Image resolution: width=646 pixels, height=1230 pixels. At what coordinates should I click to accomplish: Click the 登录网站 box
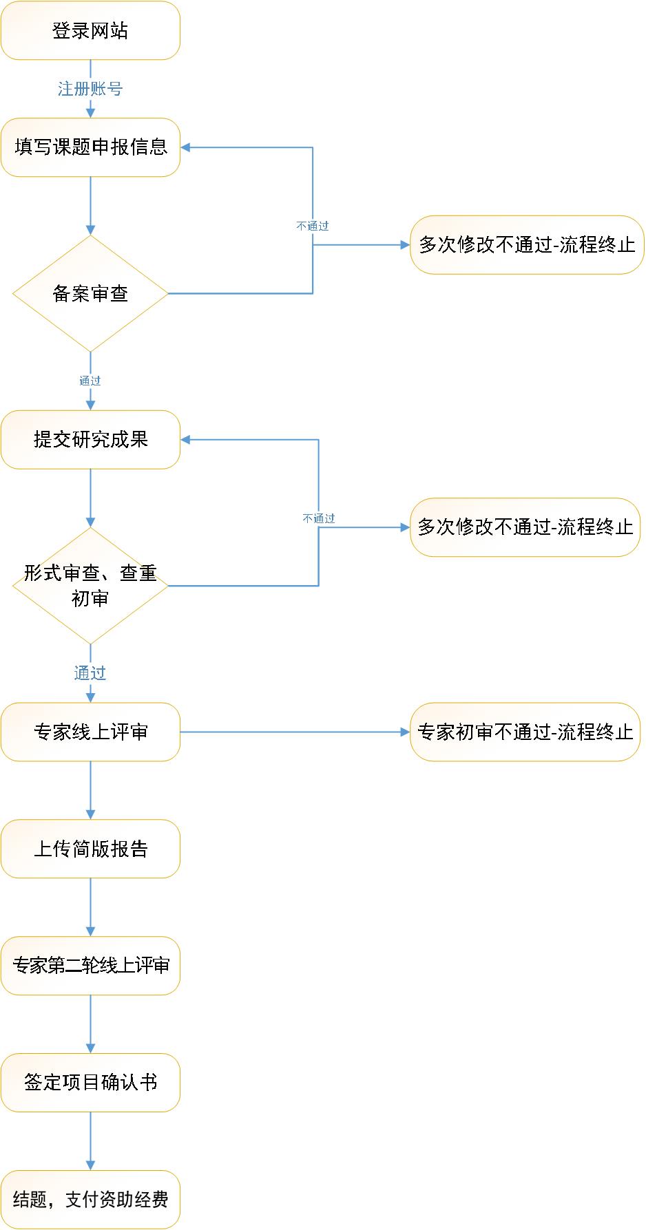coord(90,30)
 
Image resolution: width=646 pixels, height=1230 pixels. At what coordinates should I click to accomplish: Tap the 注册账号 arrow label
coord(90,89)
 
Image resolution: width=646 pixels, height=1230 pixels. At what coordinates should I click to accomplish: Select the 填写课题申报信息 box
coord(90,147)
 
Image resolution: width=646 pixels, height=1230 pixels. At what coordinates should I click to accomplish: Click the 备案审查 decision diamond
coord(90,294)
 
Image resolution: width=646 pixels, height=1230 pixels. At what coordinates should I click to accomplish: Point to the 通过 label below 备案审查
coord(90,381)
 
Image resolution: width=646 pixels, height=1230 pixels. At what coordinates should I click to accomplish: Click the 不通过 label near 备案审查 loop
coord(313,226)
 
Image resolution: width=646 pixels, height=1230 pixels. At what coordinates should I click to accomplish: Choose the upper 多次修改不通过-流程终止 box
coord(527,245)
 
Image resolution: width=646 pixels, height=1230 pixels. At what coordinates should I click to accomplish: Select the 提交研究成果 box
coord(90,440)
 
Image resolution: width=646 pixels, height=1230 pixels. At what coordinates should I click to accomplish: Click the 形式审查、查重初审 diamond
coord(90,586)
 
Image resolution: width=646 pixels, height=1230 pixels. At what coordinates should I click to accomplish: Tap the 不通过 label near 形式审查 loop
coord(319,518)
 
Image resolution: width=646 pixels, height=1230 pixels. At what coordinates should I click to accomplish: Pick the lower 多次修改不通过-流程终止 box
coord(525,527)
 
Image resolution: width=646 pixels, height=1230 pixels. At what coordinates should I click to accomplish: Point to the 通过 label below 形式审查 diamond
coord(90,673)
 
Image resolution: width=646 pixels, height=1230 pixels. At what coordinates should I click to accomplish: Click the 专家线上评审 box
coord(90,732)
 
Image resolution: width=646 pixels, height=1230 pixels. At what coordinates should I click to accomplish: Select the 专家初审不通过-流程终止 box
coord(525,732)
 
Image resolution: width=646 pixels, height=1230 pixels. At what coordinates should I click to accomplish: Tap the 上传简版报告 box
coord(90,849)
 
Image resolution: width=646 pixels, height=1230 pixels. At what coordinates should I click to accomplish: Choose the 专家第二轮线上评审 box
coord(90,966)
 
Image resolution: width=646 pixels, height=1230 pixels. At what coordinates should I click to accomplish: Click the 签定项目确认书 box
coord(90,1083)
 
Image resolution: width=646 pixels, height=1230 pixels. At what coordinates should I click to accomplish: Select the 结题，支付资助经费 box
coord(90,1200)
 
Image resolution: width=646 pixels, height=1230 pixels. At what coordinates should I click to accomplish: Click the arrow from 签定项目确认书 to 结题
coord(90,1141)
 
